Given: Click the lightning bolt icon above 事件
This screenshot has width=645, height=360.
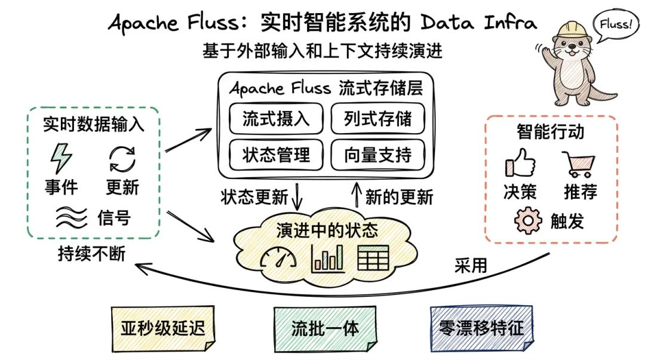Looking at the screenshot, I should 61,158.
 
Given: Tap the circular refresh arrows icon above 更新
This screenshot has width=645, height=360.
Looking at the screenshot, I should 122,159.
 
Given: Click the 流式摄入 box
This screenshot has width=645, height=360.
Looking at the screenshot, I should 276,118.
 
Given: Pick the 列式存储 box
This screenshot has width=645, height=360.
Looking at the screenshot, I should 377,118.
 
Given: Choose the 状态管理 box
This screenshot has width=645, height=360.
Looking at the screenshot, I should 276,155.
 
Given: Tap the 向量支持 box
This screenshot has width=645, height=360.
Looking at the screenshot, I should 377,155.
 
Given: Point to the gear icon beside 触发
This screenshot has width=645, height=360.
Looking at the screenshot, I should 528,221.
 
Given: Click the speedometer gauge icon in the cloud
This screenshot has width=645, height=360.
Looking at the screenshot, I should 278,257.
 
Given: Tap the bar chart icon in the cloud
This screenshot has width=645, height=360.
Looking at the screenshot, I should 327,257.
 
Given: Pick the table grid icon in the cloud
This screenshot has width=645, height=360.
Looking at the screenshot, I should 373,257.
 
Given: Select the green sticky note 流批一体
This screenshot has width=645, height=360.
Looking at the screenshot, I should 325,328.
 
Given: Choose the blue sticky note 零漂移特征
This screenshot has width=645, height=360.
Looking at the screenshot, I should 481,328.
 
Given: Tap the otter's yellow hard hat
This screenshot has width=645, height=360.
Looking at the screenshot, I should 572,30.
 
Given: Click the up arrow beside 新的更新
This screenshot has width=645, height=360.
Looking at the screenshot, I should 357,195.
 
